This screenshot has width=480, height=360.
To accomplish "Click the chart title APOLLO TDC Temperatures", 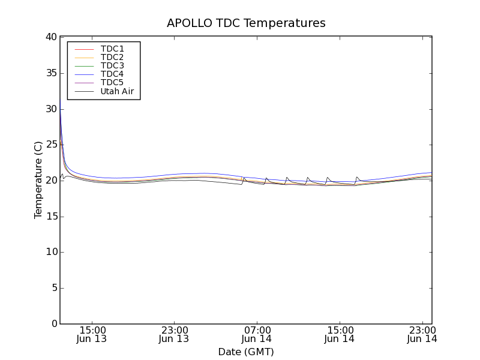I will (246, 23).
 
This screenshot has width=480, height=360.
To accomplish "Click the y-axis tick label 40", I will (50, 37).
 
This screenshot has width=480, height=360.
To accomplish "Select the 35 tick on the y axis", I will (50, 73).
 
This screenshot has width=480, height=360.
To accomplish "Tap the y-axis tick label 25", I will (50, 145).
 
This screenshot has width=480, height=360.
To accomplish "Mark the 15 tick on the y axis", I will (50, 217).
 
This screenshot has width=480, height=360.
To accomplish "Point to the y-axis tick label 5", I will (53, 288).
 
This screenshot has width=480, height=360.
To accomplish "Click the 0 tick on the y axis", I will (53, 324).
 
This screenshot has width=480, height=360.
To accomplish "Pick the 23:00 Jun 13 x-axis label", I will (174, 334).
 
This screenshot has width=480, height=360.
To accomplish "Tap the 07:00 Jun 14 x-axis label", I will (257, 334).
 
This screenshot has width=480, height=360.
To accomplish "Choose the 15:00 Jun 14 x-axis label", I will (340, 334).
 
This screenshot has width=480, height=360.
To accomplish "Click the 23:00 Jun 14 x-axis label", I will (422, 334).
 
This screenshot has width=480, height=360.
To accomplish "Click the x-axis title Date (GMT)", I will (246, 352).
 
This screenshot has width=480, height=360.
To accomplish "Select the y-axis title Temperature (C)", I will (38, 180).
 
